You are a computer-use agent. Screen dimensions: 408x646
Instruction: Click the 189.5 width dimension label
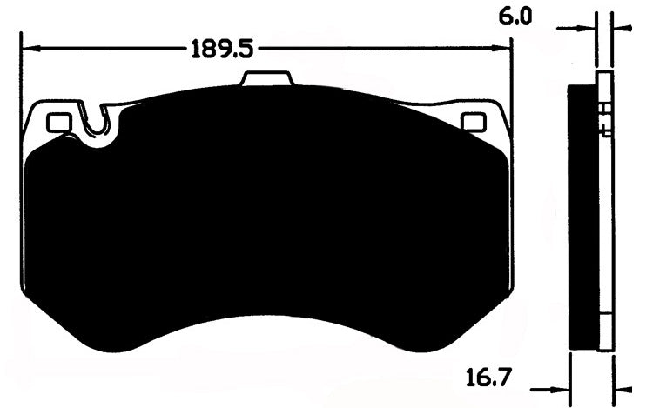click(x=221, y=48)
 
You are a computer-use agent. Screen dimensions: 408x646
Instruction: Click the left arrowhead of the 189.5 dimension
click(x=28, y=48)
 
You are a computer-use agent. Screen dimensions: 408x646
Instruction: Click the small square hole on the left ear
click(x=58, y=124)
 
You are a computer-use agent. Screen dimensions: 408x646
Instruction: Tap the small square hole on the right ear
click(x=473, y=122)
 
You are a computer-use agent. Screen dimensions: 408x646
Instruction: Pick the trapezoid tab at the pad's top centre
click(x=267, y=80)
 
